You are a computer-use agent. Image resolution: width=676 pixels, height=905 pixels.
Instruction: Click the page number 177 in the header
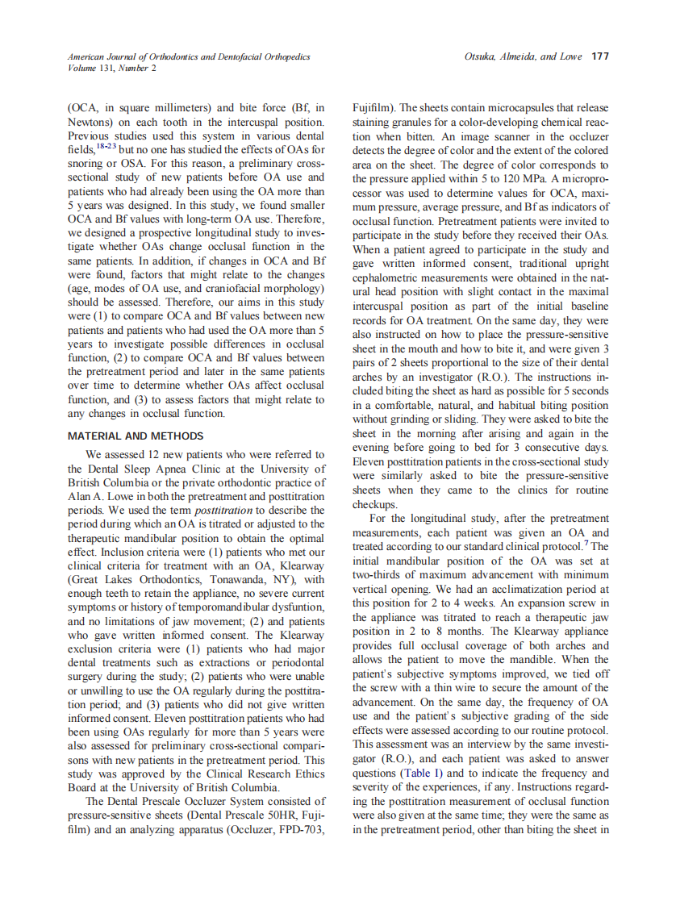point(599,56)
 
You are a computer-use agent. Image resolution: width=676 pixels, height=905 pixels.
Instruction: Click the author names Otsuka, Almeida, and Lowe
point(523,56)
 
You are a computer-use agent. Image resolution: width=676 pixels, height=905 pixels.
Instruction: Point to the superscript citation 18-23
point(106,145)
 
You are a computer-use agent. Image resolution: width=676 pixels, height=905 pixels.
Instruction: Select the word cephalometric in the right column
point(388,277)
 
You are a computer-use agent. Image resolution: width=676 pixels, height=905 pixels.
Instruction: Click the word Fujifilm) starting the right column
point(374,107)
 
